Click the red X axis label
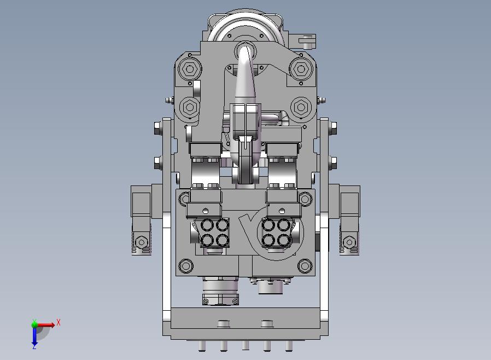(59, 322)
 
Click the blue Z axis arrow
(34, 335)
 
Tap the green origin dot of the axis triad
(34, 324)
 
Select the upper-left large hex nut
(189, 69)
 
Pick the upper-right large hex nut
(301, 69)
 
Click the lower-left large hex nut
(189, 107)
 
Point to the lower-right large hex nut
(301, 107)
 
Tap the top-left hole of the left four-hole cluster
(207, 225)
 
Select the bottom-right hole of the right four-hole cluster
(284, 240)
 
